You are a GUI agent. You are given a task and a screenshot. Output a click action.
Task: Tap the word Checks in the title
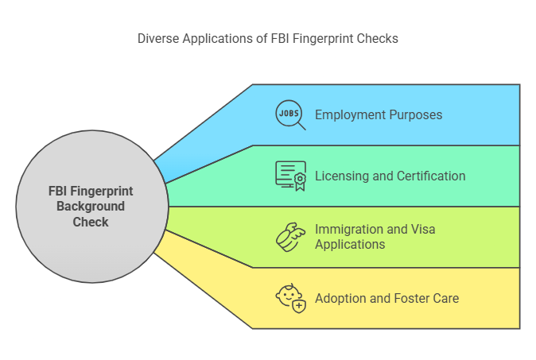(x=381, y=37)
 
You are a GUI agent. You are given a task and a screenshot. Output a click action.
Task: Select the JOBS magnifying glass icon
(x=290, y=114)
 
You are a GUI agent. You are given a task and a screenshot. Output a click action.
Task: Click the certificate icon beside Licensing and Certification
(x=290, y=176)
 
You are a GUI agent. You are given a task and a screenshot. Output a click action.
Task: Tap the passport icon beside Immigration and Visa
(x=290, y=237)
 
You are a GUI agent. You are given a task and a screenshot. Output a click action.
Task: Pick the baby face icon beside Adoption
(x=290, y=298)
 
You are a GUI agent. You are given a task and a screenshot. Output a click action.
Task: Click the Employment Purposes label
(x=379, y=114)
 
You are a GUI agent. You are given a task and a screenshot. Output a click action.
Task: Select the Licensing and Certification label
(x=390, y=176)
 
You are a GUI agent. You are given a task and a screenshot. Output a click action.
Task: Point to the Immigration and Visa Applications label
(x=375, y=237)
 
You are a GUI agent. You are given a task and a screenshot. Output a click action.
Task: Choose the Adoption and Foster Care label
(x=386, y=298)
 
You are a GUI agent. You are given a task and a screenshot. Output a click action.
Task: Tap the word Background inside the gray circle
(x=91, y=207)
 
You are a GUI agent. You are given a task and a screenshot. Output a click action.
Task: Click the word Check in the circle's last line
(x=91, y=222)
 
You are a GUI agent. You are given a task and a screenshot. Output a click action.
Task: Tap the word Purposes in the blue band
(x=413, y=114)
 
